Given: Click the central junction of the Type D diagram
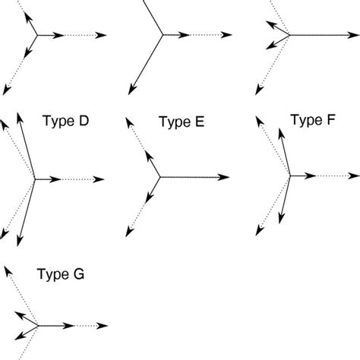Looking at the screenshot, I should click(x=35, y=179).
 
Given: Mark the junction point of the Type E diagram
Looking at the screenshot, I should click(x=159, y=178).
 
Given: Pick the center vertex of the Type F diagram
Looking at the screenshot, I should click(x=290, y=176).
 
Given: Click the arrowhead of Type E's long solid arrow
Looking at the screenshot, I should click(x=229, y=178).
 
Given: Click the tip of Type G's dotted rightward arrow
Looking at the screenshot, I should click(x=104, y=326).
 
